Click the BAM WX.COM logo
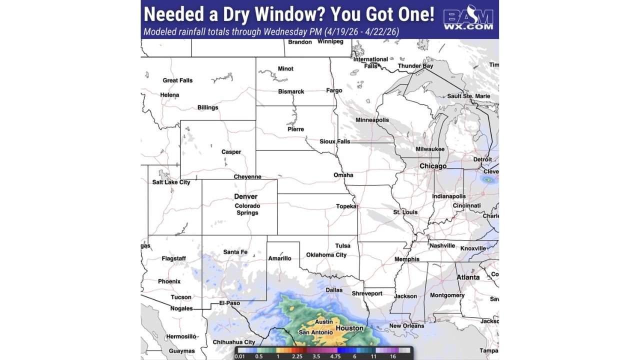(x=468, y=19)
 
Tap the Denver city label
(x=245, y=196)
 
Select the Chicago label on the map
(x=433, y=166)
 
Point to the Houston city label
(x=349, y=328)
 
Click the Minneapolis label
(x=372, y=120)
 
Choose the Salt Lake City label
(x=171, y=182)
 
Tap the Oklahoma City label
(x=326, y=255)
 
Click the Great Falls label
(x=177, y=80)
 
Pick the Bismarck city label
(x=291, y=91)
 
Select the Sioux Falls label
(x=335, y=141)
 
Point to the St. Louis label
(x=405, y=212)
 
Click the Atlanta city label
(x=467, y=277)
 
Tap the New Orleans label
(x=406, y=326)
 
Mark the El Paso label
(x=230, y=303)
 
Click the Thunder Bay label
(x=415, y=66)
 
